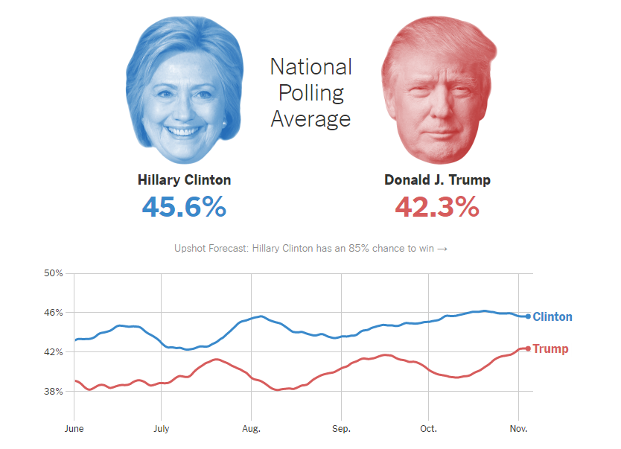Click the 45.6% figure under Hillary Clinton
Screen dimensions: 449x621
pyautogui.click(x=184, y=206)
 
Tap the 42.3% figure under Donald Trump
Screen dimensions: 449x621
pyautogui.click(x=436, y=206)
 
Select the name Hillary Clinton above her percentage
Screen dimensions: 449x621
pyautogui.click(x=184, y=180)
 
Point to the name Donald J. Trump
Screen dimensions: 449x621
pyautogui.click(x=437, y=180)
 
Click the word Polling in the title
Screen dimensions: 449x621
pyautogui.click(x=310, y=93)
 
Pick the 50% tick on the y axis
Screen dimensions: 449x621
pyautogui.click(x=54, y=273)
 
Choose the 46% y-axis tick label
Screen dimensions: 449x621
pyautogui.click(x=54, y=313)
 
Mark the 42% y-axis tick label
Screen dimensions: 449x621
pyautogui.click(x=54, y=351)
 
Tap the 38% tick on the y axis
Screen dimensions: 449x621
pyautogui.click(x=54, y=391)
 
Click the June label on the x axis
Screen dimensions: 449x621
pyautogui.click(x=74, y=429)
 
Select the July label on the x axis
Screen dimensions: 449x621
pyautogui.click(x=161, y=429)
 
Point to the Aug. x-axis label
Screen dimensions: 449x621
pyautogui.click(x=251, y=429)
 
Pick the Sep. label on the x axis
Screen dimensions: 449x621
pyautogui.click(x=341, y=429)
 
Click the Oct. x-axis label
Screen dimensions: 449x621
pyautogui.click(x=428, y=429)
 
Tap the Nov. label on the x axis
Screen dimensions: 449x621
pyautogui.click(x=517, y=429)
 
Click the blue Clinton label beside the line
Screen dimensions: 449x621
pyautogui.click(x=552, y=317)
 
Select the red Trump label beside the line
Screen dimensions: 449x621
pyautogui.click(x=550, y=349)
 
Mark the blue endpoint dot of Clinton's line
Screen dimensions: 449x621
pyautogui.click(x=528, y=316)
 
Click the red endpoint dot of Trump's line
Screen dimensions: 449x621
pyautogui.click(x=528, y=348)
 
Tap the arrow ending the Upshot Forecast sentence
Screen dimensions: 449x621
pyautogui.click(x=442, y=249)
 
